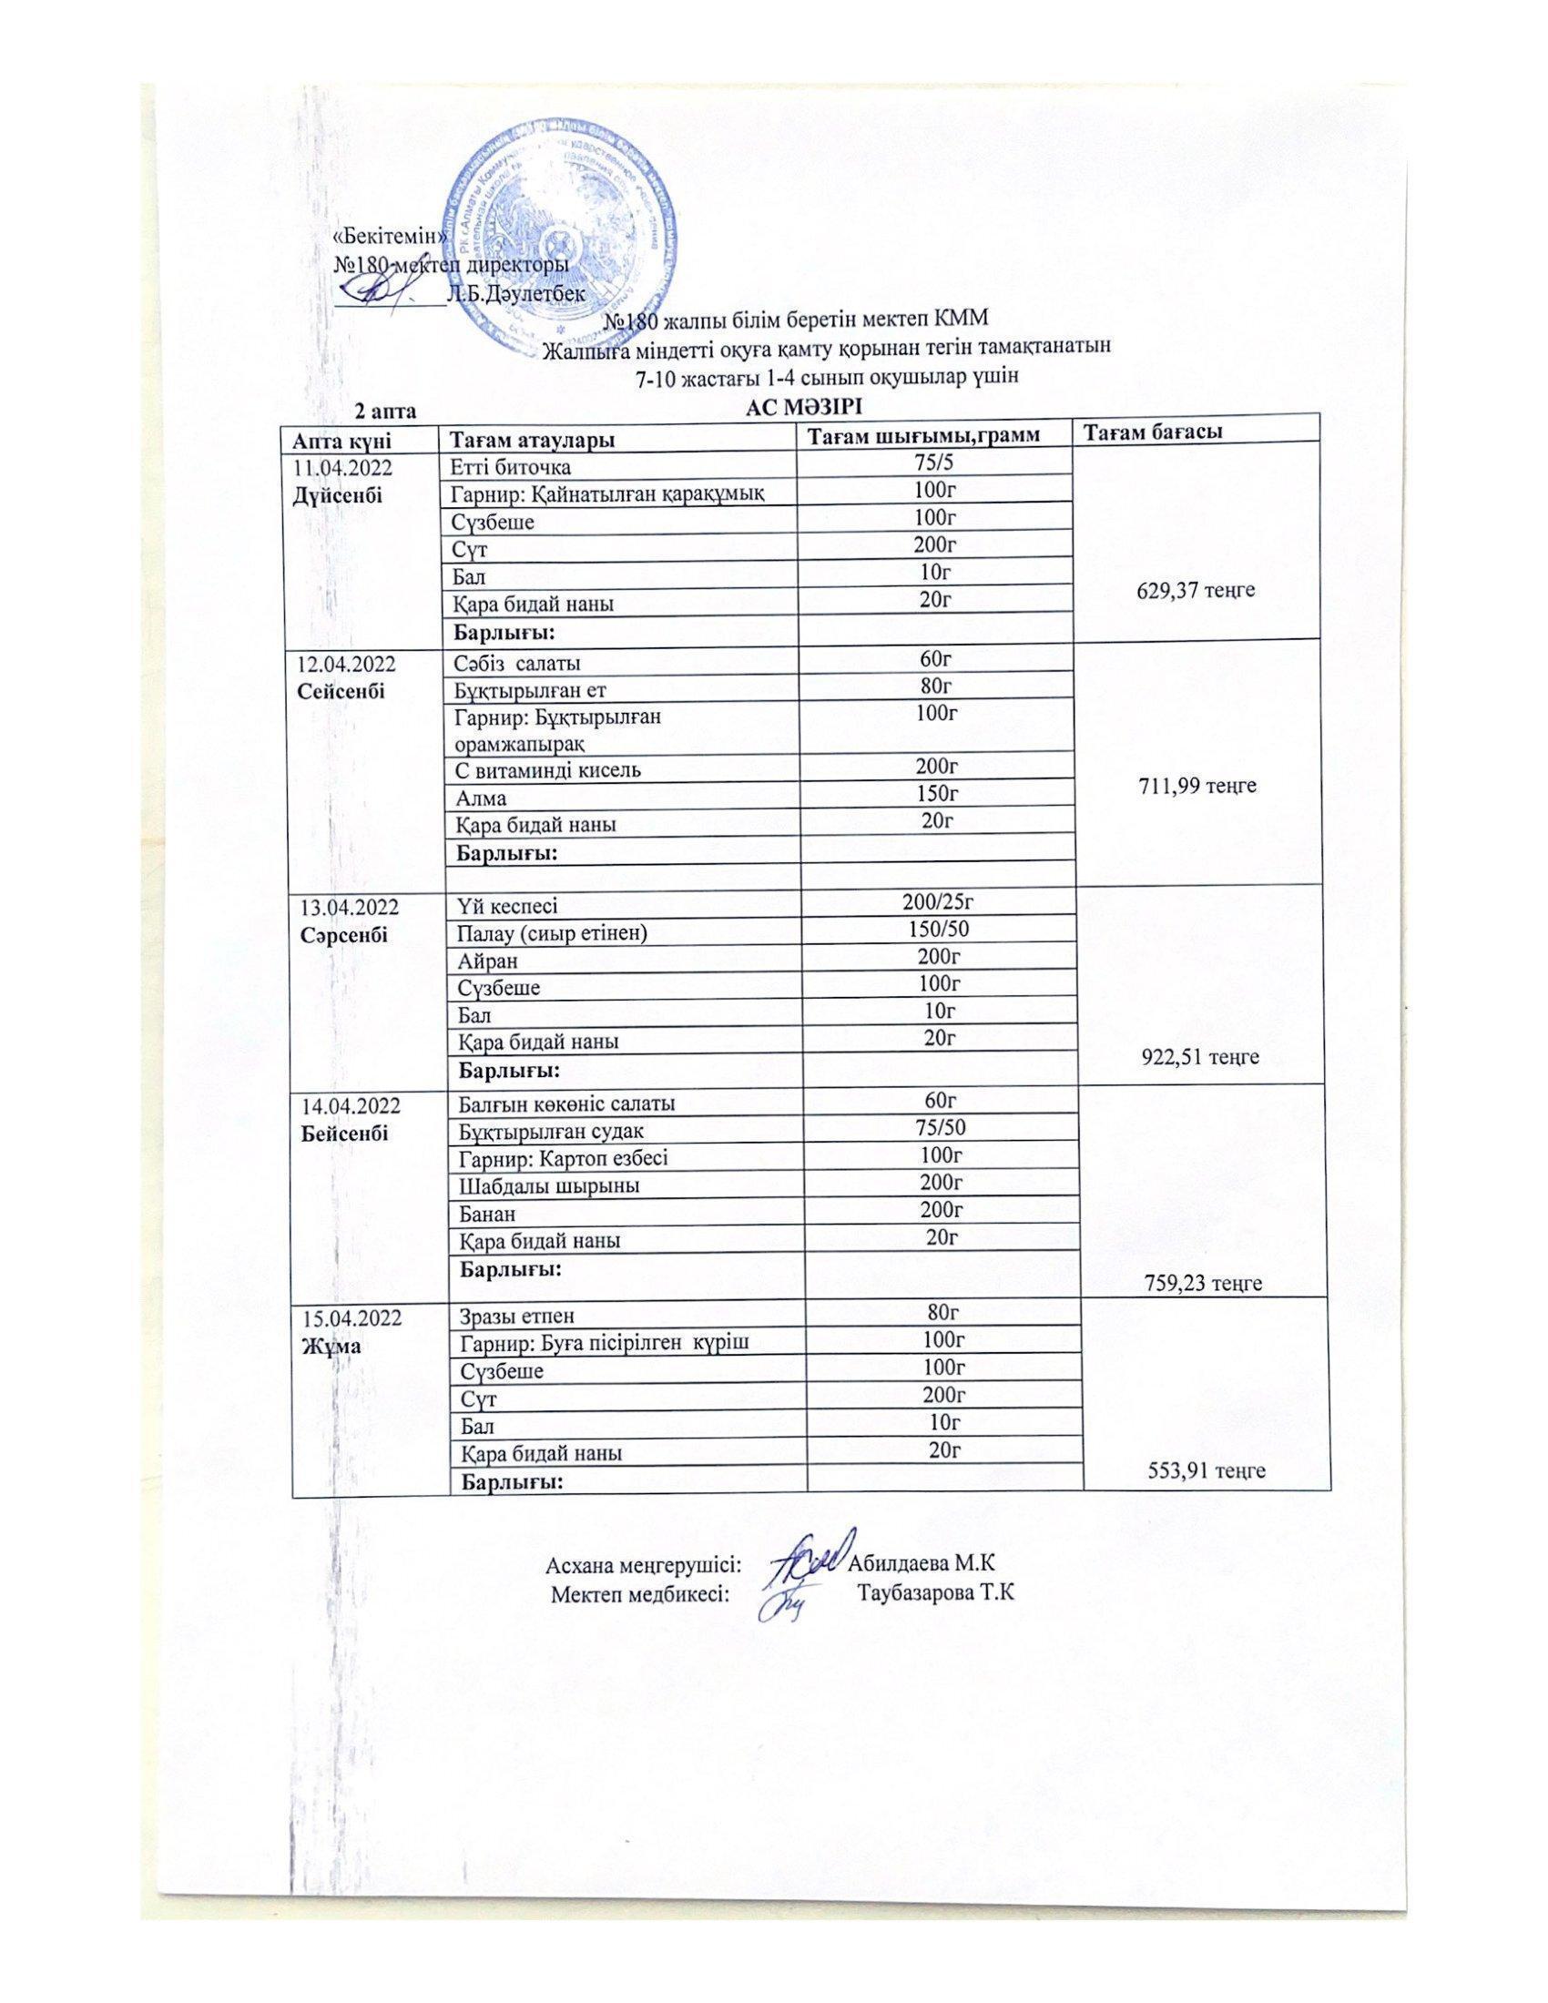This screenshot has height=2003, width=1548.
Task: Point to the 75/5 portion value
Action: (x=934, y=465)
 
